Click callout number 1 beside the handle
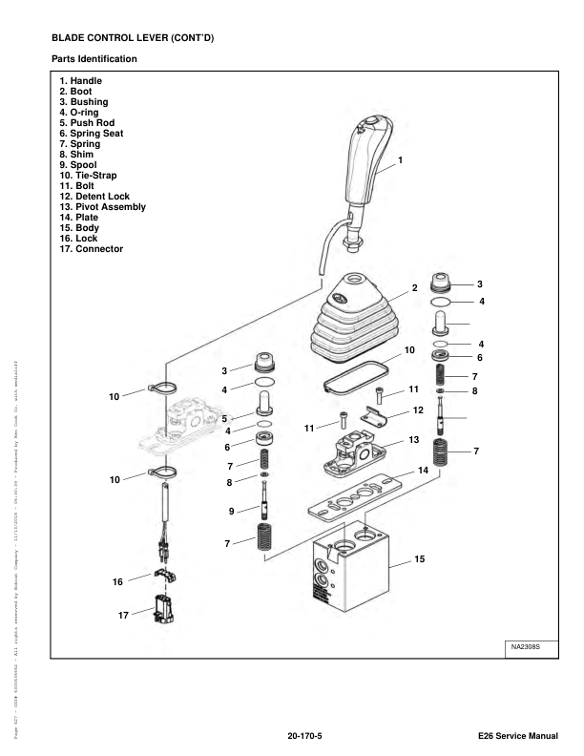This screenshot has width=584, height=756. click(x=401, y=159)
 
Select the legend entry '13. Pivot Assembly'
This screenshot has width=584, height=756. click(x=106, y=207)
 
